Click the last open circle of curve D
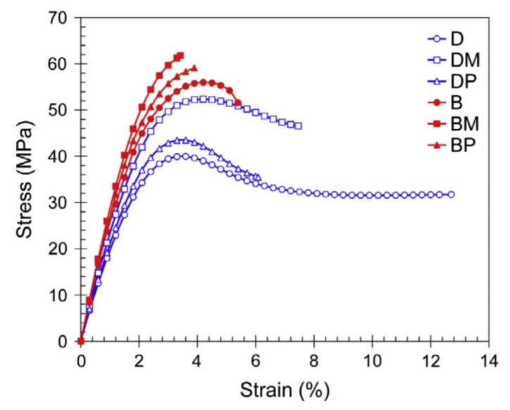click(451, 194)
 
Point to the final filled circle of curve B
click(237, 103)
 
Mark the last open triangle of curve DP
click(257, 178)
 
